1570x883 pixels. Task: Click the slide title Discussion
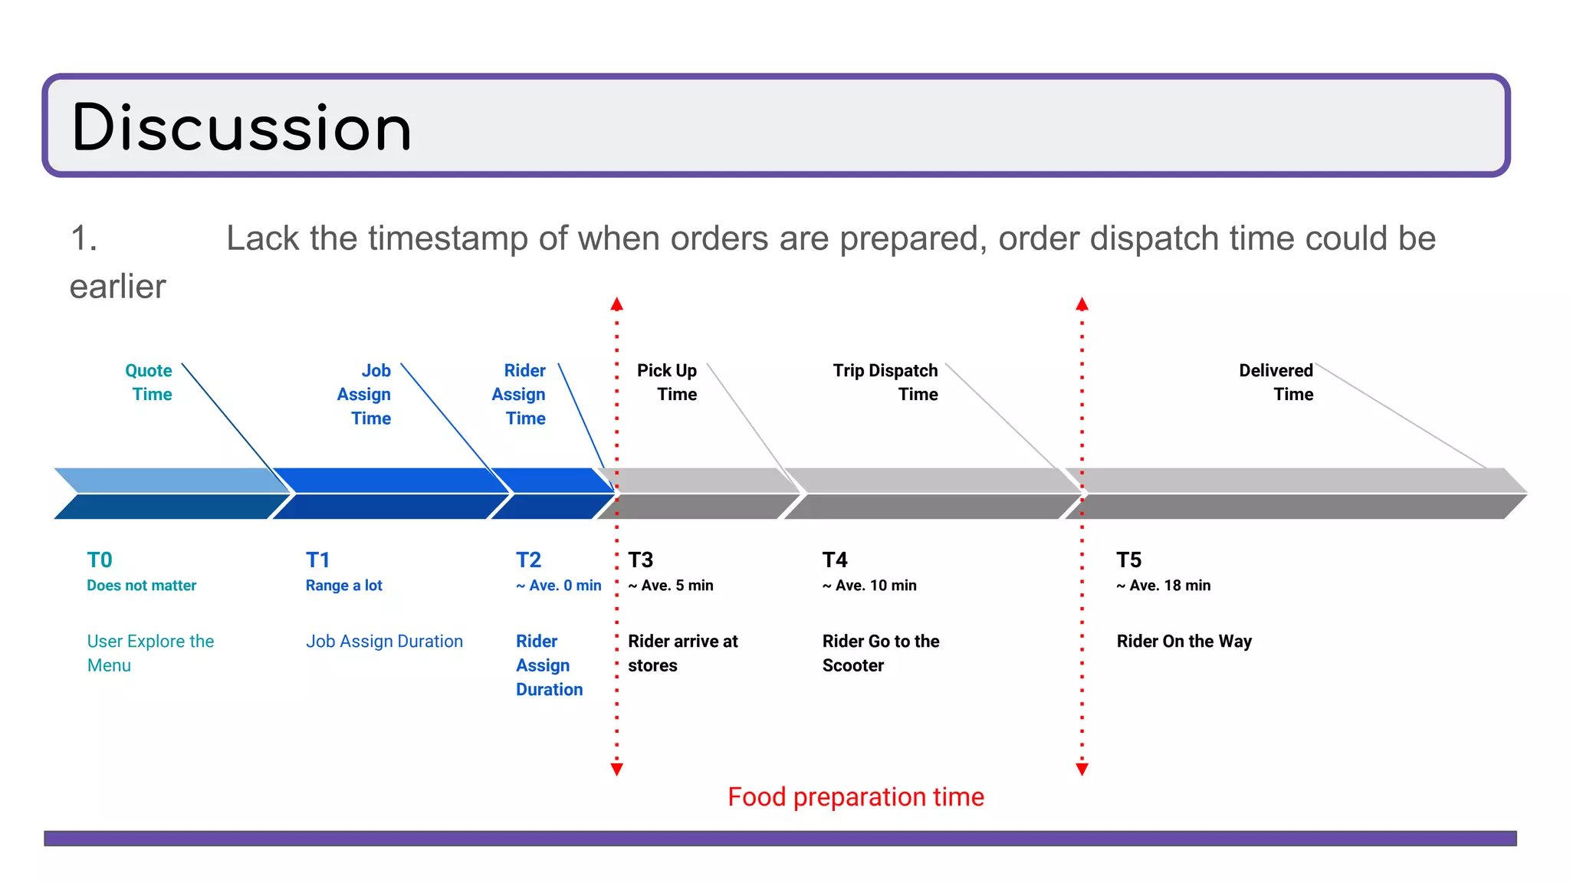click(241, 127)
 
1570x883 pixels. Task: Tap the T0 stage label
click(100, 560)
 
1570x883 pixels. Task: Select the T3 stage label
click(641, 560)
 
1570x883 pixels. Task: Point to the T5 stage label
click(1128, 560)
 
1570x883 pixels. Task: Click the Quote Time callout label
click(149, 382)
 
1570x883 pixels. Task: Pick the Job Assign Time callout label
click(365, 394)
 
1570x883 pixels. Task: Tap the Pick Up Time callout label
click(668, 382)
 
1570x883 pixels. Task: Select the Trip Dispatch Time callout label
click(886, 382)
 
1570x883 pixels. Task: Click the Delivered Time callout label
click(1276, 382)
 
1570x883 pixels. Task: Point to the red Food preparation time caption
click(856, 797)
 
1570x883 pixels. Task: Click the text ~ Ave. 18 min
click(1164, 586)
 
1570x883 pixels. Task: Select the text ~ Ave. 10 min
click(869, 586)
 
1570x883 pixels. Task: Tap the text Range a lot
click(344, 586)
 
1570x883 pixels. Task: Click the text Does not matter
click(142, 586)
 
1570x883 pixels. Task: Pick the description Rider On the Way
click(1184, 642)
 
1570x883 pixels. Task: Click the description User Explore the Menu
click(150, 653)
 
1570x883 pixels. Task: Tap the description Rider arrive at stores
click(683, 653)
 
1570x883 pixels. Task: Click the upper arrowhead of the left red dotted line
click(617, 304)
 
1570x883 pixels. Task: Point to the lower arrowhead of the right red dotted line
click(1082, 769)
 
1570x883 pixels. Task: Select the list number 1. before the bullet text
click(84, 238)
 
